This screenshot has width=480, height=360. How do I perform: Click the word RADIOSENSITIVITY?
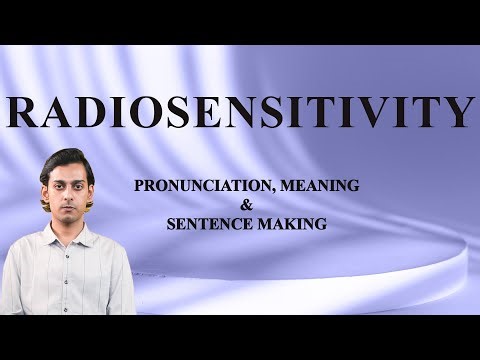tap(240, 111)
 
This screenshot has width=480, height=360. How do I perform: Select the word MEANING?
tap(296, 185)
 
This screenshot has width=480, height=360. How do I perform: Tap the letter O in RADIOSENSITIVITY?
tap(137, 111)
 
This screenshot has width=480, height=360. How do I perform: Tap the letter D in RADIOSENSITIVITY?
tap(90, 111)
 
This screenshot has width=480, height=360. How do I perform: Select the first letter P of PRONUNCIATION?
tap(143, 185)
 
